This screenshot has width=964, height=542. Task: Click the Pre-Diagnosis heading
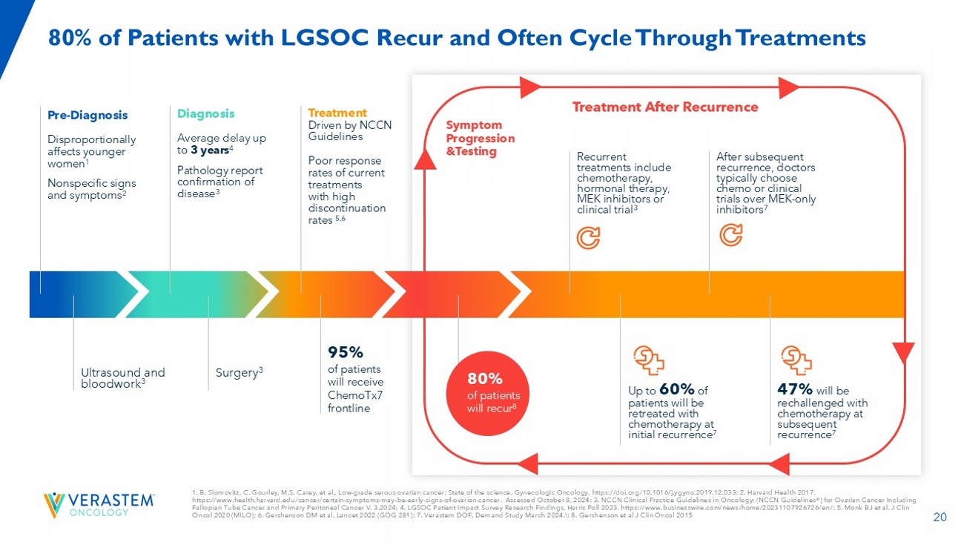coord(88,115)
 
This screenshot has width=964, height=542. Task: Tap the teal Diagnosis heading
coord(205,113)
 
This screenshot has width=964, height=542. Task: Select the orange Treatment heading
coord(337,113)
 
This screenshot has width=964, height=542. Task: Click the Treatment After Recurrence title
coord(665,107)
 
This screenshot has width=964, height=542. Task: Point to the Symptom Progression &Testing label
coord(480,138)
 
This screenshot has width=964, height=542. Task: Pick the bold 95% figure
coord(346,351)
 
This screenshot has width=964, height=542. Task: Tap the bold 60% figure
coord(676,389)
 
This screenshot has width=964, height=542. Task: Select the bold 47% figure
coord(795,389)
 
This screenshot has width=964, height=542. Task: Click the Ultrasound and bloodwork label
coord(122,378)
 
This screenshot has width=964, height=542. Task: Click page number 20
coord(940,518)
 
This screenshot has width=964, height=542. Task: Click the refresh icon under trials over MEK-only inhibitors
coord(730,236)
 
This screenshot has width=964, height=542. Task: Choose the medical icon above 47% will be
coord(796,360)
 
